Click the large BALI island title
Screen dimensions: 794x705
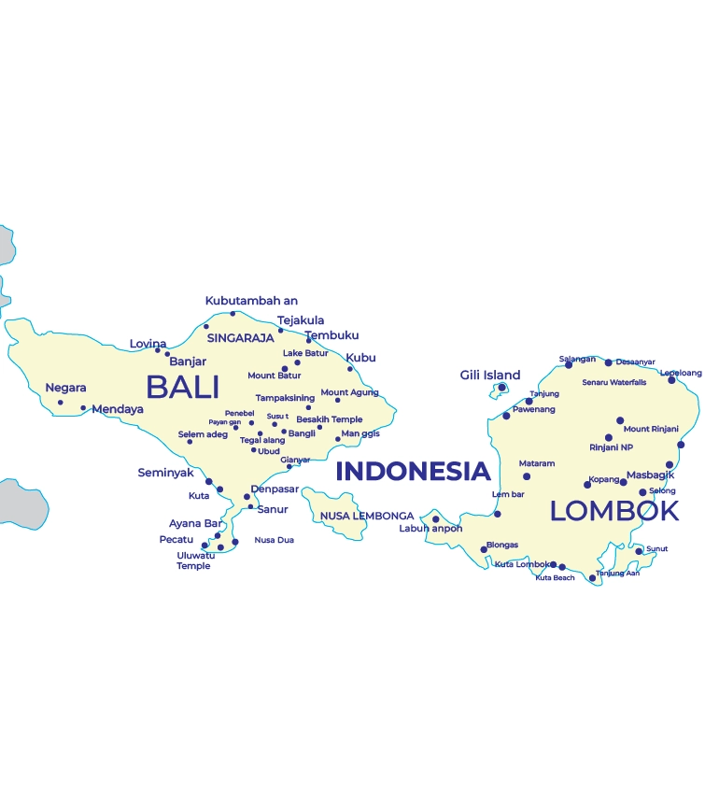click(182, 388)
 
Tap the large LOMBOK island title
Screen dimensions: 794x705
click(613, 511)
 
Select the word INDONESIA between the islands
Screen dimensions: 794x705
click(413, 471)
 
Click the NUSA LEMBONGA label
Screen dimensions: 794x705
click(366, 516)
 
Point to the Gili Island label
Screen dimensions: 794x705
click(490, 376)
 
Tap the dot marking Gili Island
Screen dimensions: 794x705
click(501, 387)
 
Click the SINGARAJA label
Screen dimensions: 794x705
click(240, 338)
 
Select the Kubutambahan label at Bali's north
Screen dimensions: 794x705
click(251, 301)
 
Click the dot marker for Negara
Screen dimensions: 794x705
click(61, 403)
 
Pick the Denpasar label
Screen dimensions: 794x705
click(275, 489)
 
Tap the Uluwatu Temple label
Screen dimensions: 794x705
click(194, 560)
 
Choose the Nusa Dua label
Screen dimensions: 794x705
click(275, 540)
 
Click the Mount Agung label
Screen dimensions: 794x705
click(349, 392)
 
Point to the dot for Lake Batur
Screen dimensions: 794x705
click(298, 362)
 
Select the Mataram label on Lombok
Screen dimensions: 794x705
click(537, 463)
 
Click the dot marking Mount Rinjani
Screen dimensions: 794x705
click(619, 420)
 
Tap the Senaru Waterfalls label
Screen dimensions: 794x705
click(613, 382)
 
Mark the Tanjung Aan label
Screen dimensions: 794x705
click(617, 573)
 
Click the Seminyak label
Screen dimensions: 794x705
click(165, 473)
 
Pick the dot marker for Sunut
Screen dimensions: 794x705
click(639, 551)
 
